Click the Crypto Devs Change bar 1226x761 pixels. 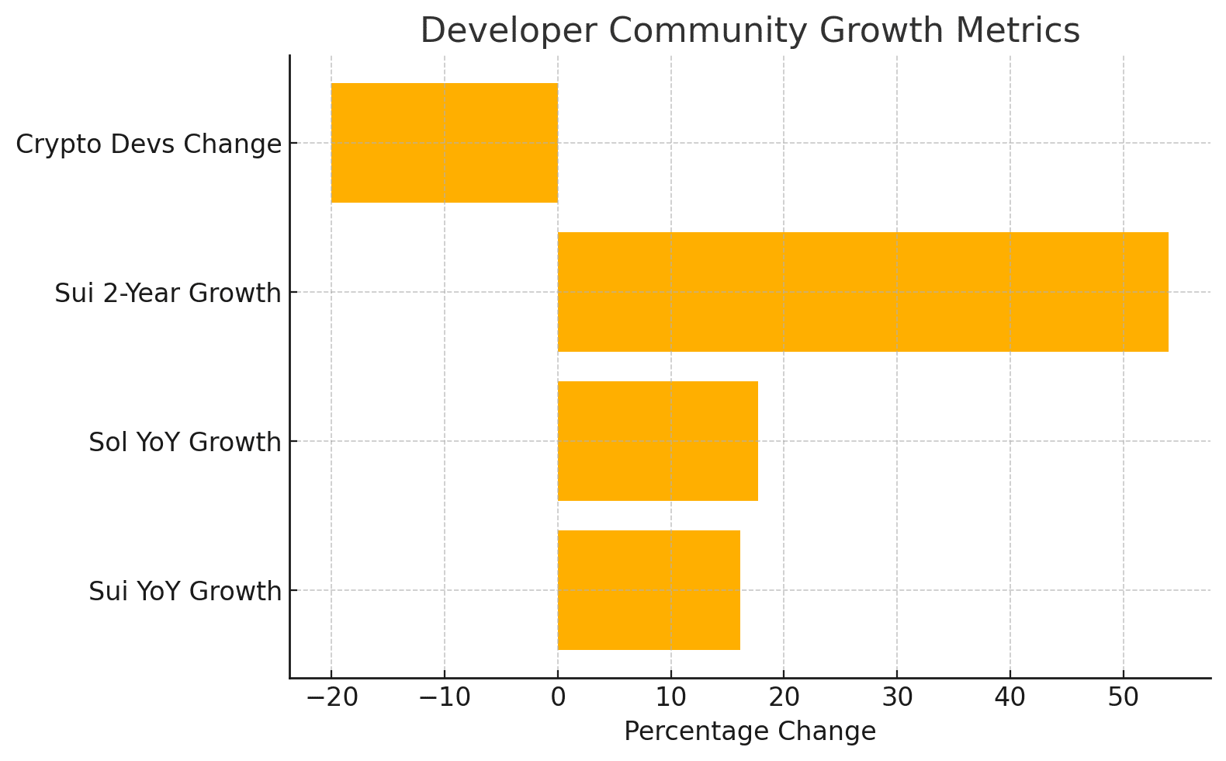(444, 143)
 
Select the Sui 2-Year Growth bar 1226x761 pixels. (862, 292)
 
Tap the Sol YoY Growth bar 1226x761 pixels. (657, 441)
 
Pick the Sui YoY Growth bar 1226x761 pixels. (648, 590)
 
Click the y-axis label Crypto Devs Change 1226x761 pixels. (148, 144)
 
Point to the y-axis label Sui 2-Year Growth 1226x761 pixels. (168, 294)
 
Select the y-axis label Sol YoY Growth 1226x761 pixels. (185, 443)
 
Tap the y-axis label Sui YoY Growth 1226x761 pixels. (185, 592)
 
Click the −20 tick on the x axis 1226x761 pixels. (331, 698)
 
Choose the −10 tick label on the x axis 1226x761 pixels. (445, 698)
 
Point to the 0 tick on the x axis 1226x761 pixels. (557, 698)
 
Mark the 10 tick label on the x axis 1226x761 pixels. (670, 698)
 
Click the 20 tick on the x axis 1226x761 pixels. (784, 698)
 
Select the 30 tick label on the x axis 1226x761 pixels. (897, 698)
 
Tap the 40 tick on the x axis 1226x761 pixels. (1010, 698)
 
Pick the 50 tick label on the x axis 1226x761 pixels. (1123, 698)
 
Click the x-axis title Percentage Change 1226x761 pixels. (750, 732)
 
